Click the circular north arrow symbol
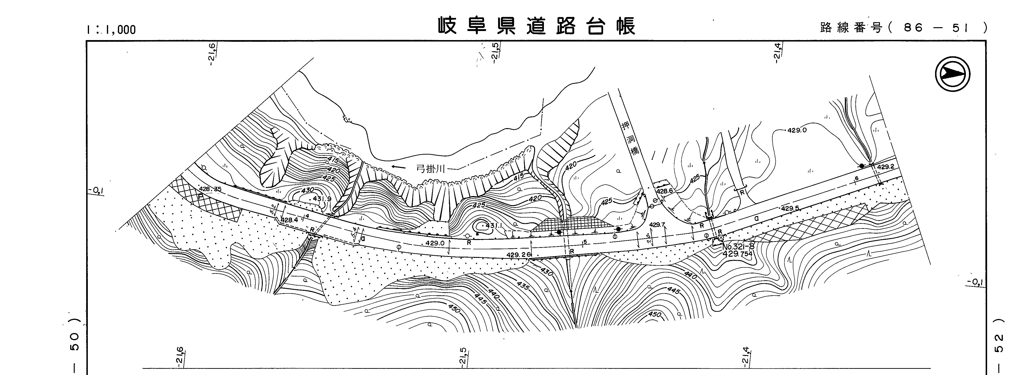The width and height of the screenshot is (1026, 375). tap(952, 74)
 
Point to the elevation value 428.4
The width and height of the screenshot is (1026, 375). tap(289, 220)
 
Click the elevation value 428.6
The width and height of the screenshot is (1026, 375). tap(665, 191)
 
